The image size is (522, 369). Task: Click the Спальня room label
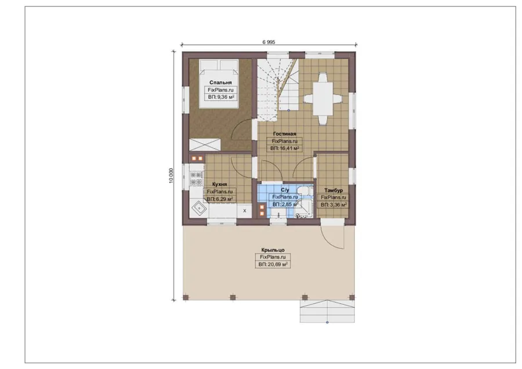click(220, 82)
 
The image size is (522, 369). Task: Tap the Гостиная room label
click(285, 134)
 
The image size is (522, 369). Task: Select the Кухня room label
click(220, 184)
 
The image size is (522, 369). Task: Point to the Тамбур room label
click(333, 190)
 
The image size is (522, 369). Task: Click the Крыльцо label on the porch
click(273, 250)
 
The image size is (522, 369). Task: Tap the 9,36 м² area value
click(226, 97)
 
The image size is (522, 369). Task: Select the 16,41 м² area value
click(289, 148)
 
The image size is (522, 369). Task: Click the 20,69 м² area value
click(277, 265)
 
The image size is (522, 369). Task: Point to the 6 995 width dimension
click(269, 42)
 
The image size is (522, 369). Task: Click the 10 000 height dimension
click(171, 175)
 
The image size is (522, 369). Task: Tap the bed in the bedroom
click(219, 84)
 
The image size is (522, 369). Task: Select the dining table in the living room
click(322, 99)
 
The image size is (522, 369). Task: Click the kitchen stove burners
click(196, 179)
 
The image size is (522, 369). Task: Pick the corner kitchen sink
click(199, 209)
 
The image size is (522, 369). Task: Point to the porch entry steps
click(327, 312)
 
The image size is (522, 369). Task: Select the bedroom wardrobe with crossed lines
click(205, 144)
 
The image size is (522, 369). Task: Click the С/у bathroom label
click(285, 190)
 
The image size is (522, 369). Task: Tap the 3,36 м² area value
click(338, 205)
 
